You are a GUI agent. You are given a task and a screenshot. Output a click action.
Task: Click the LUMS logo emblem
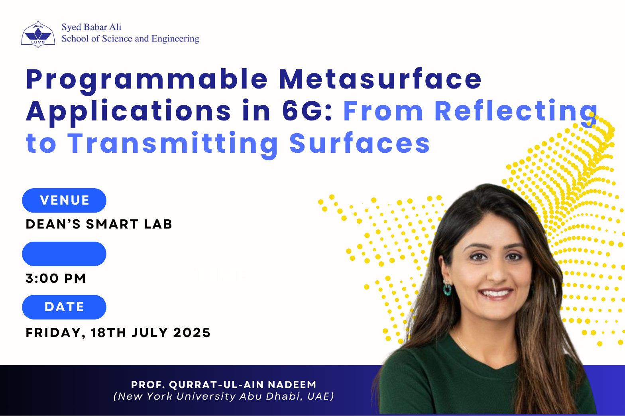coord(38,34)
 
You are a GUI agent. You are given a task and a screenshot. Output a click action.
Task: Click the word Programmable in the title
coord(147,79)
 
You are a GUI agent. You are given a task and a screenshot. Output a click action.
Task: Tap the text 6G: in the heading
coord(307,111)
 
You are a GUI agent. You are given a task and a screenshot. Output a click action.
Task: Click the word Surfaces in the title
coord(360,143)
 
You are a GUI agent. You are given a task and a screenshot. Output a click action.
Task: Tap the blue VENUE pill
coord(64,200)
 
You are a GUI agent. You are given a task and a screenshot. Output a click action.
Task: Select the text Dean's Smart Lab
coord(99,224)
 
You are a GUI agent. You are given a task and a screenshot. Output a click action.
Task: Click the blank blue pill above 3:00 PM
coord(64,254)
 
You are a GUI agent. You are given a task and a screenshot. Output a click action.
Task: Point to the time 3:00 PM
coord(55,278)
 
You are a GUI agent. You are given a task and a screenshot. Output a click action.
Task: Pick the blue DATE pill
coord(64,307)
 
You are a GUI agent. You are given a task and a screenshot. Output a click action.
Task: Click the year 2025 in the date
coord(192,333)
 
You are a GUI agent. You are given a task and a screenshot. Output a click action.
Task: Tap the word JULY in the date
coord(149,333)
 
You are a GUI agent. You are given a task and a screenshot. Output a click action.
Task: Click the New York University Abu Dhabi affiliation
coord(224,396)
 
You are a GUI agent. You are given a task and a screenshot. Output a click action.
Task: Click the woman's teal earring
coord(447,289)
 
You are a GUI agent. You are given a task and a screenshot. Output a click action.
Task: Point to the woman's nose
coord(497,272)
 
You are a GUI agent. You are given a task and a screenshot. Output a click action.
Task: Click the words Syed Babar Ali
coord(92,28)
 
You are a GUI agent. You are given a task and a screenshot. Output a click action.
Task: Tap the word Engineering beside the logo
coord(175,39)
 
